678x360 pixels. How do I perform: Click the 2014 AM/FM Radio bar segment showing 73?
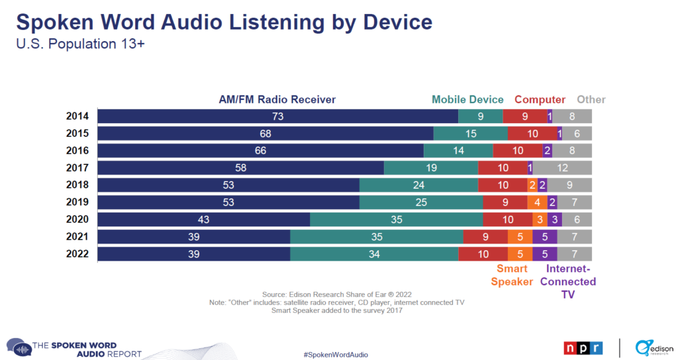(277, 116)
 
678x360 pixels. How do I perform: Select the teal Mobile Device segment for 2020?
(397, 220)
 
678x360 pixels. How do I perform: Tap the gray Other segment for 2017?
(562, 167)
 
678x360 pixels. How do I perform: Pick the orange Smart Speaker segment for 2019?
(538, 202)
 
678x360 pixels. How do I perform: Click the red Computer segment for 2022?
(483, 254)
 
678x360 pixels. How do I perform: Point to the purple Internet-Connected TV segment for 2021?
(545, 237)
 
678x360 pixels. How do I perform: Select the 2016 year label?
(77, 150)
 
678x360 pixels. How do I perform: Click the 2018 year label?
(77, 185)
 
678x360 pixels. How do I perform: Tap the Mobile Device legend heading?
(467, 99)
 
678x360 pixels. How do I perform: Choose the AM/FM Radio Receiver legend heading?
(277, 99)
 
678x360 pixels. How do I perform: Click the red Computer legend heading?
(540, 100)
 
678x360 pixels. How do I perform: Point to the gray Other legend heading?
(591, 99)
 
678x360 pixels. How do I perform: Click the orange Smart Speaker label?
(512, 275)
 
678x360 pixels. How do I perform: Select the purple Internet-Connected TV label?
(568, 281)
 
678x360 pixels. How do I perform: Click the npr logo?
(583, 348)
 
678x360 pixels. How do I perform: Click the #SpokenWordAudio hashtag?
(336, 355)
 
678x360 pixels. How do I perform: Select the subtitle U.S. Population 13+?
(80, 44)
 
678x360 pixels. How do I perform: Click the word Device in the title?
(397, 22)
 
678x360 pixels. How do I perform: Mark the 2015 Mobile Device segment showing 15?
(471, 134)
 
